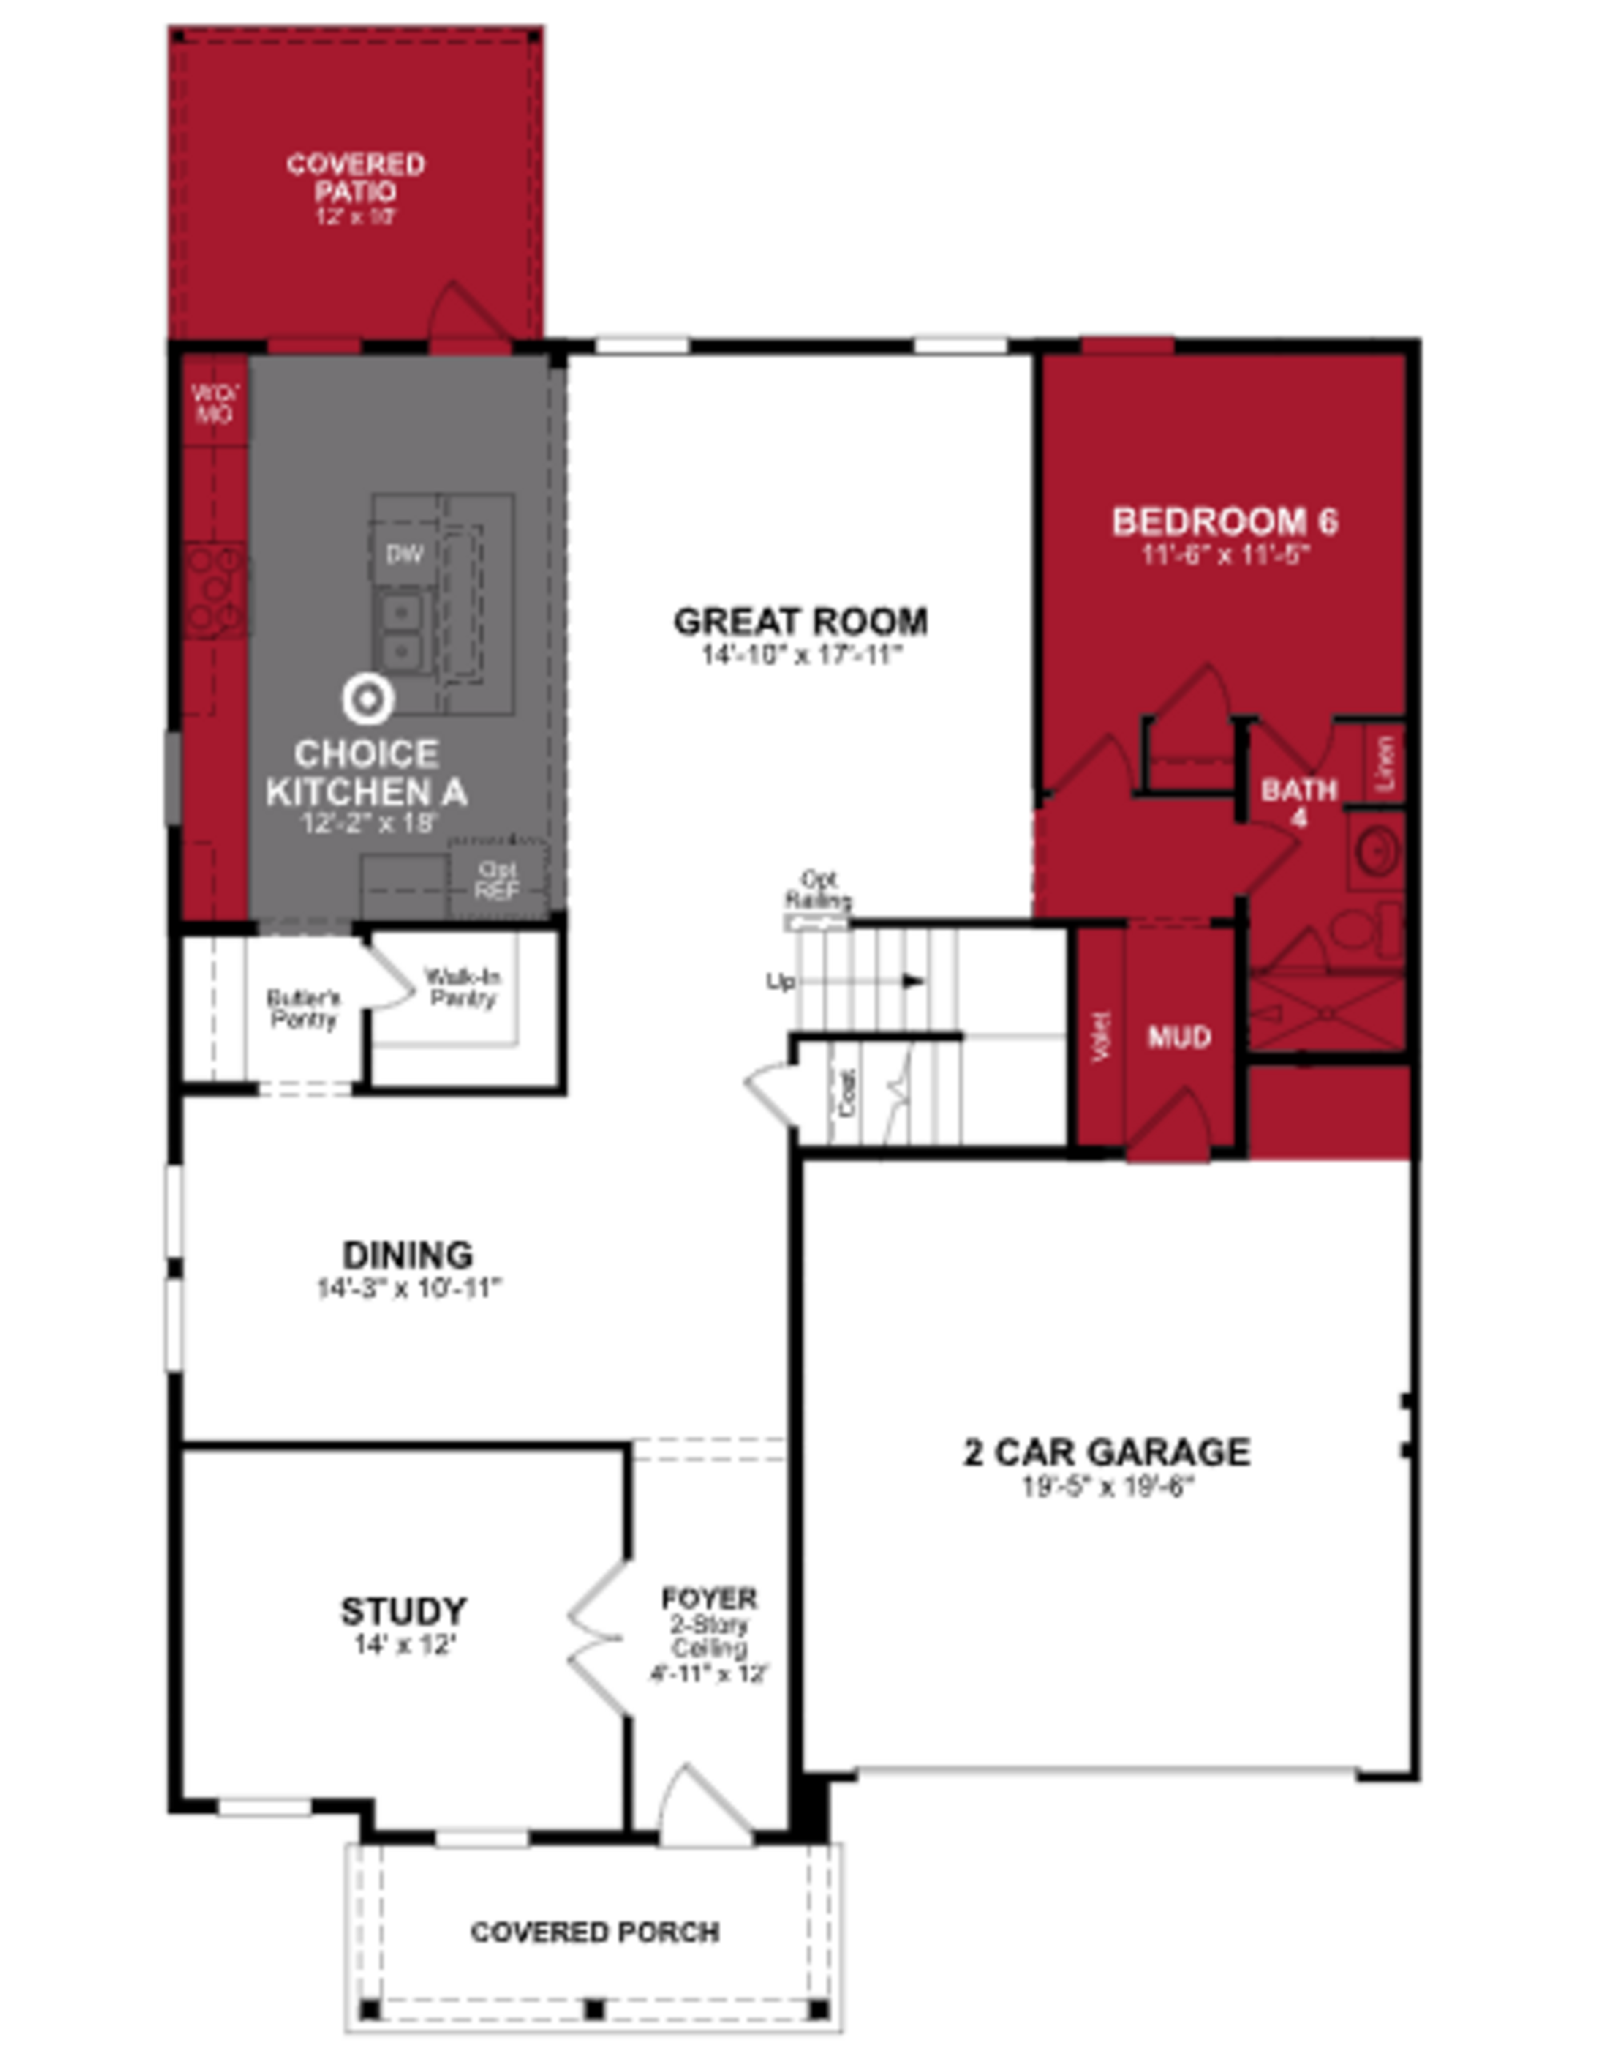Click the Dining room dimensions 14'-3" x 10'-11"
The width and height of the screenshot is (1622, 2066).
click(x=408, y=1289)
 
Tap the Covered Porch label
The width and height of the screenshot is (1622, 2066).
click(x=594, y=1933)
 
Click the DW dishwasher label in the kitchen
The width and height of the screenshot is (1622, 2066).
click(x=405, y=554)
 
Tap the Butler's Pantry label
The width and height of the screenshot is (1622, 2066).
click(x=303, y=1009)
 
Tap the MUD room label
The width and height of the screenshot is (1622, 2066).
click(x=1179, y=1036)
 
